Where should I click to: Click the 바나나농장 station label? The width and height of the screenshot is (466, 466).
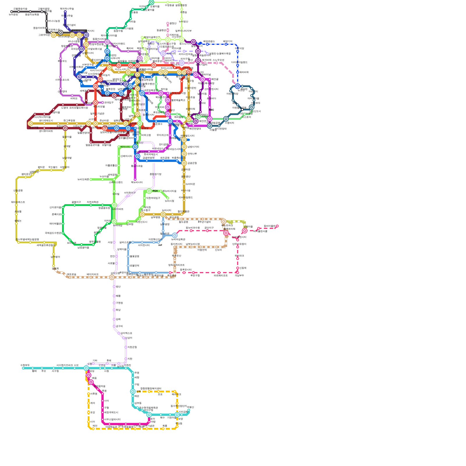point(54,21)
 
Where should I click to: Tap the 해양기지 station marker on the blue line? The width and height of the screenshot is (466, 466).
point(226,44)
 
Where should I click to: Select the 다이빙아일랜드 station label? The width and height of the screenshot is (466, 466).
point(239,62)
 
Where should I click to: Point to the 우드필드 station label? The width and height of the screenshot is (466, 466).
point(53,167)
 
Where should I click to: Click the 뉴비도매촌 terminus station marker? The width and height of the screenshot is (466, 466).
point(91,179)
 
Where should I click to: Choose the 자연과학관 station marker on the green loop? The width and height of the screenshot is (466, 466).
point(91,205)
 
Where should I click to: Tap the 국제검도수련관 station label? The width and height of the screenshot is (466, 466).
point(53,233)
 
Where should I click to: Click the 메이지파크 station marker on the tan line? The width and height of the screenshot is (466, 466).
point(91,277)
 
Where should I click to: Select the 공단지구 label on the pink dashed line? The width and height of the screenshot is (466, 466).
point(209,228)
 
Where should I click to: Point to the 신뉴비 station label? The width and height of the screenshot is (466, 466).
point(218,250)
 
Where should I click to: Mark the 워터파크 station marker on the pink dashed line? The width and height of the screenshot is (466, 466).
point(238,259)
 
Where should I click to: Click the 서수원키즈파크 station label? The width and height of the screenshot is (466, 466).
point(64,365)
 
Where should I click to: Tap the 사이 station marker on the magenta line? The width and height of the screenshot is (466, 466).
point(103,401)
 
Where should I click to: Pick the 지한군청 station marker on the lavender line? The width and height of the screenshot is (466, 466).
point(126,347)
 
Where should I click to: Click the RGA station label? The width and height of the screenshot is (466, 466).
point(155,191)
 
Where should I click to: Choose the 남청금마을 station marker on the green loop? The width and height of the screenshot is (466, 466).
point(82,245)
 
